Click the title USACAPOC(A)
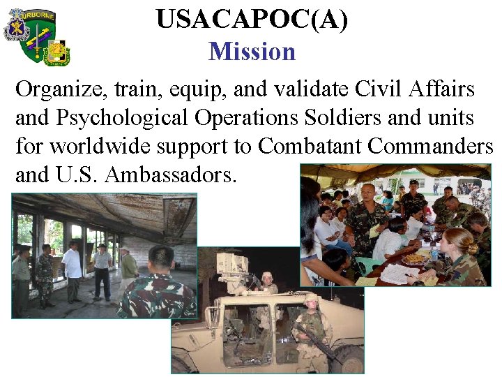pyautogui.click(x=252, y=20)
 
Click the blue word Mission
pyautogui.click(x=252, y=52)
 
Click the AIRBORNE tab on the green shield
pyautogui.click(x=37, y=15)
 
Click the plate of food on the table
pyautogui.click(x=414, y=259)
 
